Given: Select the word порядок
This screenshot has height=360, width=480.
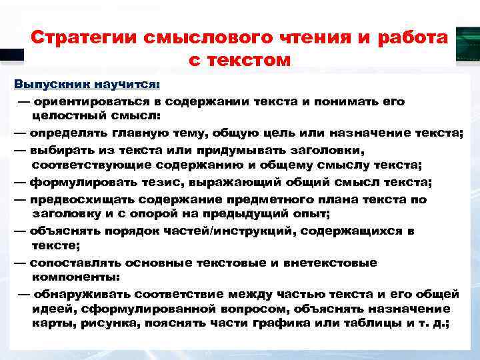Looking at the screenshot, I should point(147,231).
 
